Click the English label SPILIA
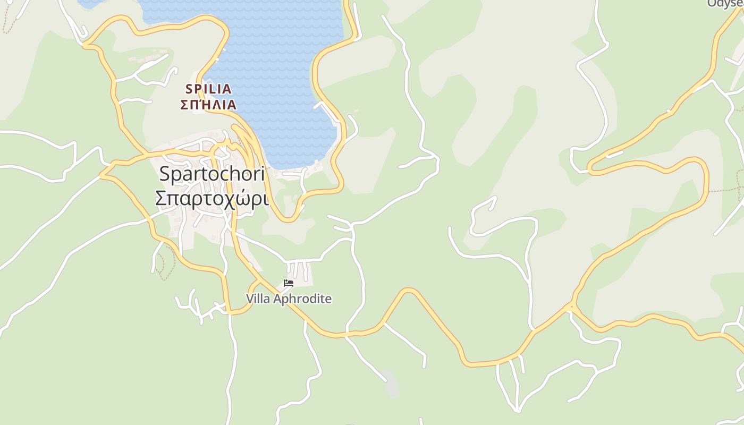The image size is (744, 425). [x=208, y=89]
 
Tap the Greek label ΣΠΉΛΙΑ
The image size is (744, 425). [x=208, y=105]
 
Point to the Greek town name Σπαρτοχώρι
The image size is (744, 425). [x=212, y=198]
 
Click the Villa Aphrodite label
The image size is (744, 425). [x=289, y=299]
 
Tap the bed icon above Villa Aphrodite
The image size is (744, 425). [x=289, y=283]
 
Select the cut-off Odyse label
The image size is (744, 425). [x=725, y=4]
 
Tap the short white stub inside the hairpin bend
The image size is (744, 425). [x=614, y=155]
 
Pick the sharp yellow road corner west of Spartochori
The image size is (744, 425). [x=102, y=174]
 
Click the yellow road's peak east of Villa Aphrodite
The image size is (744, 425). [x=408, y=290]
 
